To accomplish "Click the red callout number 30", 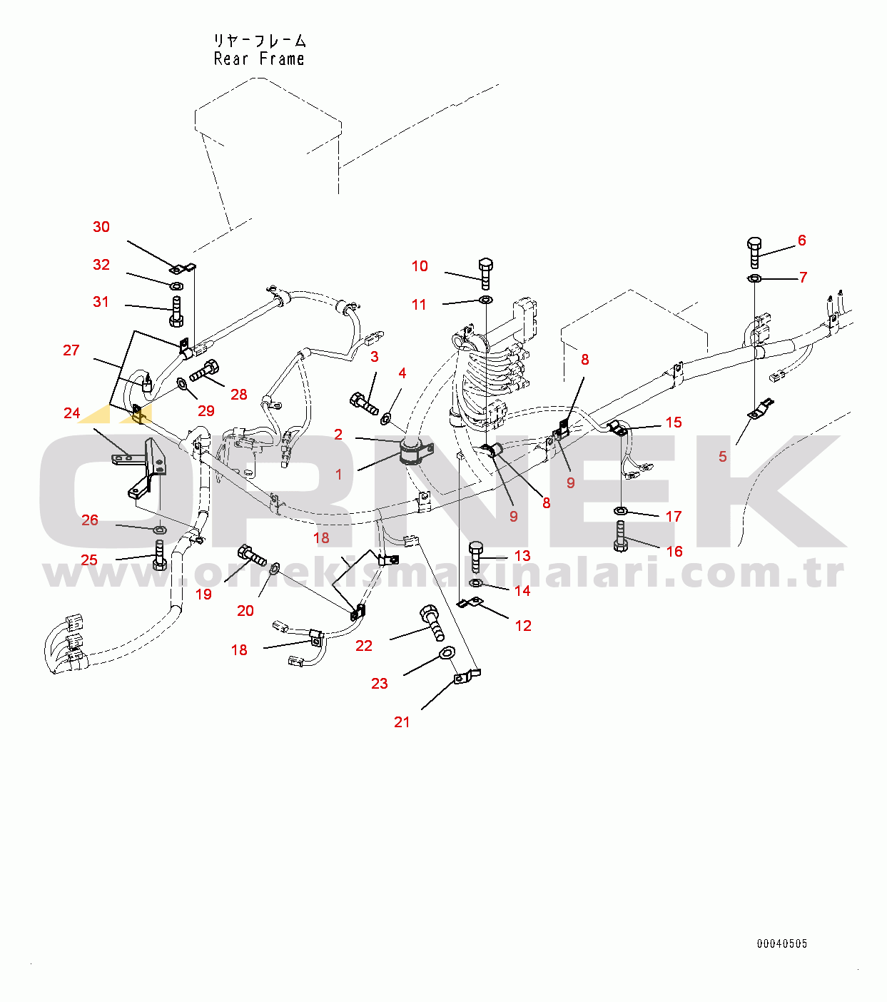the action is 101,227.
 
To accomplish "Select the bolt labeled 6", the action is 754,253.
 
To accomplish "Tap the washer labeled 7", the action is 754,278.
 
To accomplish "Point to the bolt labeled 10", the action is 485,273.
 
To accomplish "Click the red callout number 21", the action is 402,722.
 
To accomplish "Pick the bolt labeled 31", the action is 176,311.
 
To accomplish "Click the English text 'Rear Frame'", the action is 259,59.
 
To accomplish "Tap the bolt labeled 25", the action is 159,555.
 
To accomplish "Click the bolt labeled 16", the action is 621,536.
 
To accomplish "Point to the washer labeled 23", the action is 447,653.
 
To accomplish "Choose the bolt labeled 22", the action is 432,622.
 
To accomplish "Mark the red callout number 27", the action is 71,350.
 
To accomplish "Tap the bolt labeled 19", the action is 252,555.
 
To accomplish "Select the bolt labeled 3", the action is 363,403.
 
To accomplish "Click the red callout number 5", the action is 723,457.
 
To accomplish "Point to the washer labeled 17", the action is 621,510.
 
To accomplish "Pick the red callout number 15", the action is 674,422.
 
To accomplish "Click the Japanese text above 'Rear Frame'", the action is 260,40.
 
